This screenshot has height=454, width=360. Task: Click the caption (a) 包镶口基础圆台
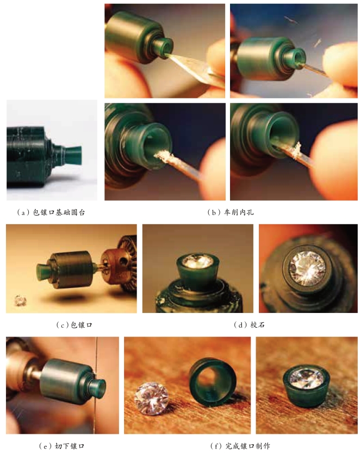click(x=51, y=212)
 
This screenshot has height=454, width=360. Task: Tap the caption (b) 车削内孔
click(x=231, y=212)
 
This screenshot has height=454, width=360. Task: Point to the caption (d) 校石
click(x=249, y=325)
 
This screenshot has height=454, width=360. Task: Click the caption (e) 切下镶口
click(x=61, y=446)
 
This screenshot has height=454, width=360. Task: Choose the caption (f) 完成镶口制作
click(x=240, y=446)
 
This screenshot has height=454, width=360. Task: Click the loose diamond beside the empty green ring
click(x=151, y=398)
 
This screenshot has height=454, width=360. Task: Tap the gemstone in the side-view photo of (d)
click(x=197, y=261)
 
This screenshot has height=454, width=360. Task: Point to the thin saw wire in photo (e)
click(x=96, y=385)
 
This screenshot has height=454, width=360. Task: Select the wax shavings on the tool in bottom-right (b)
click(x=295, y=150)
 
